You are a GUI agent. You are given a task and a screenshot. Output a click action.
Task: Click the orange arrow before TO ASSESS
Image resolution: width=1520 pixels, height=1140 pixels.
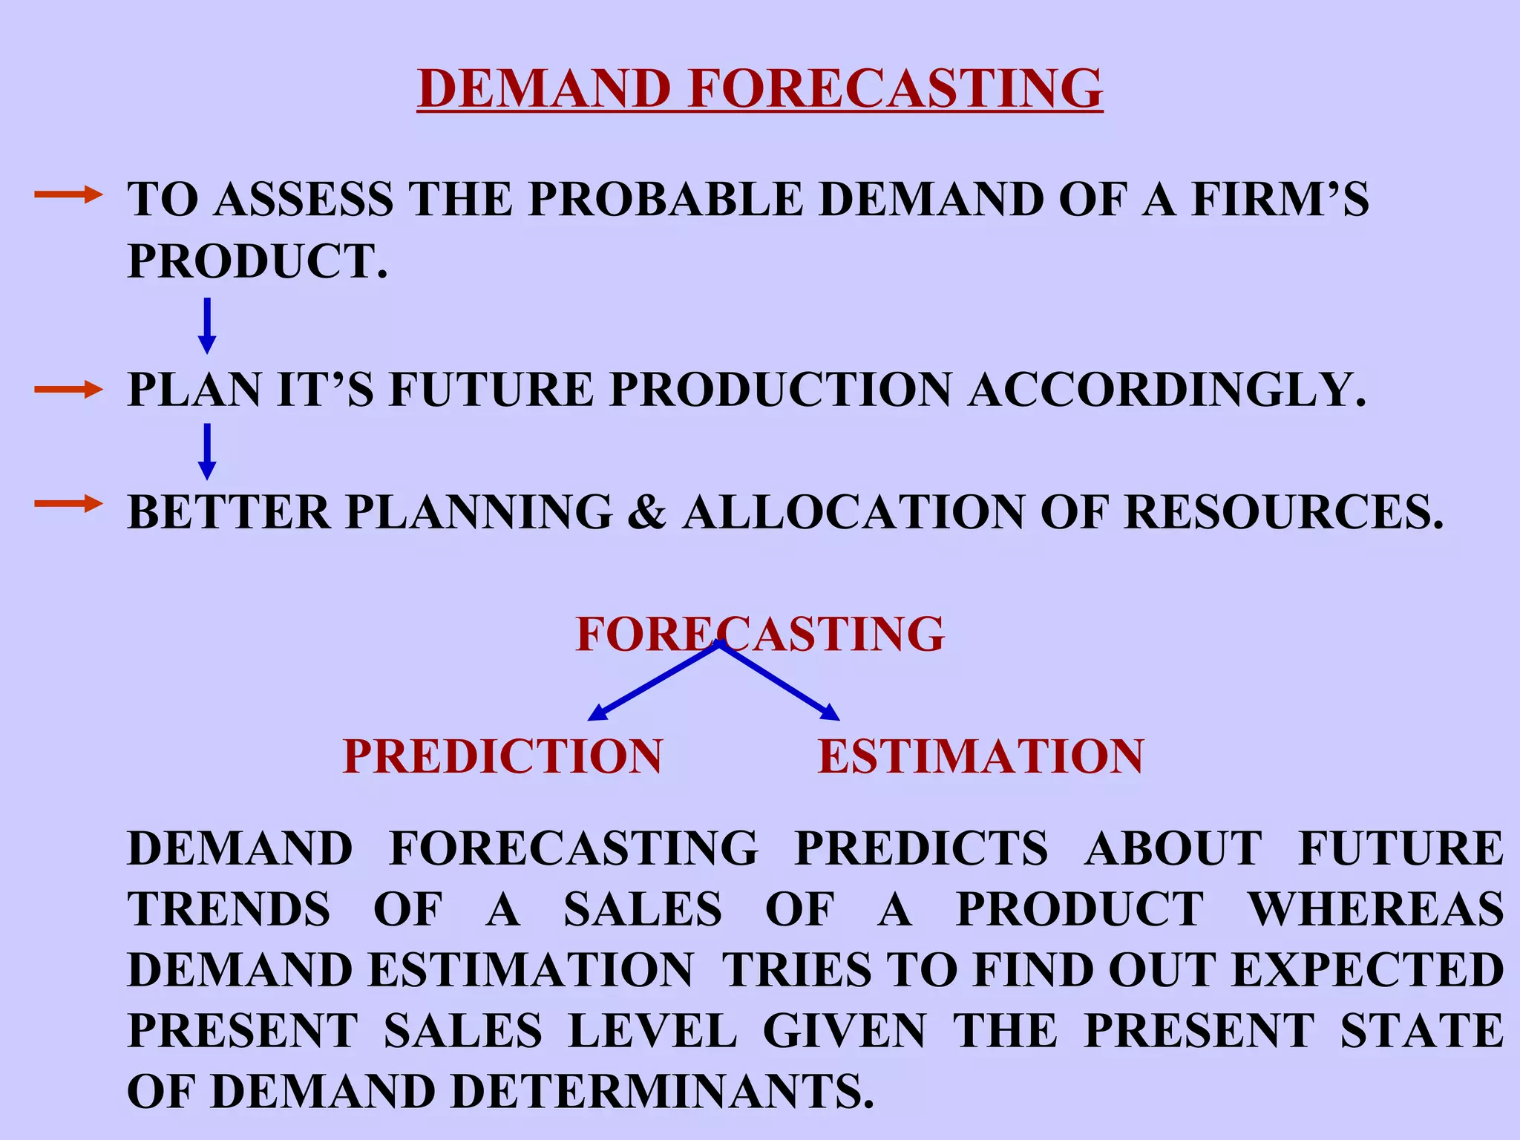[68, 195]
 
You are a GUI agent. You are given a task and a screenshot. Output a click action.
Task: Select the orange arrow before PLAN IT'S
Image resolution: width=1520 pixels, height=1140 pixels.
[68, 389]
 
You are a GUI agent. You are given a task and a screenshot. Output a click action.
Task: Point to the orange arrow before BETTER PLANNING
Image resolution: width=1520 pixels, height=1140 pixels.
[68, 505]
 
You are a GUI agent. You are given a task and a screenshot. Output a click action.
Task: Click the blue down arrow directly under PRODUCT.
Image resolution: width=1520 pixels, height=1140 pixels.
[207, 325]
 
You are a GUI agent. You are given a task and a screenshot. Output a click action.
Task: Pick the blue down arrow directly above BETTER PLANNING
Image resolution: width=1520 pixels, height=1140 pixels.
[207, 451]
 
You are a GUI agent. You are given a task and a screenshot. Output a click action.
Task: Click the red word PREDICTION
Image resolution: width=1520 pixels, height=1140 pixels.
[502, 756]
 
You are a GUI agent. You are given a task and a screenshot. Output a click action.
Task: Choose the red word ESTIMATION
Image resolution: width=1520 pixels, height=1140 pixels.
[980, 756]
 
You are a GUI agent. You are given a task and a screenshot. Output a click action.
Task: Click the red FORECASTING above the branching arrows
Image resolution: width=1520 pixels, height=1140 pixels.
[759, 634]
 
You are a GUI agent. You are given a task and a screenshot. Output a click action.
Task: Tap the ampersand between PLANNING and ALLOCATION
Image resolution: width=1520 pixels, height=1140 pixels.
[646, 512]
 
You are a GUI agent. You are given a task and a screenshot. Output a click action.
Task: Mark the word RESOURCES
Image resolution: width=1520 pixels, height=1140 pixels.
[1283, 512]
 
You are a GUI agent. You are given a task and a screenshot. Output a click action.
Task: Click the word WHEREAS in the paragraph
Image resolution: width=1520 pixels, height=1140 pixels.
[1377, 909]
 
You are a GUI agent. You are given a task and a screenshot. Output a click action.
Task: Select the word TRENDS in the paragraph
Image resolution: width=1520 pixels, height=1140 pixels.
[229, 909]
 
